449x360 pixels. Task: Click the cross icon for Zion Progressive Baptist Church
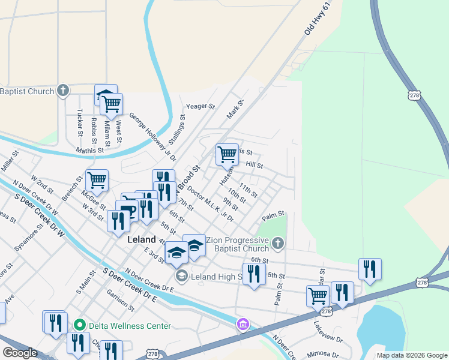(x=277, y=243)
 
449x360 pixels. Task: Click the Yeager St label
(x=200, y=106)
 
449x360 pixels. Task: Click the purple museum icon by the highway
(x=243, y=325)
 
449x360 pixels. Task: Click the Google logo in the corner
(x=20, y=353)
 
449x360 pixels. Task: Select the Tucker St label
(x=79, y=122)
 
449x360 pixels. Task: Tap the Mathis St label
(x=89, y=150)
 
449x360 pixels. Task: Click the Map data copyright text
(x=412, y=355)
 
